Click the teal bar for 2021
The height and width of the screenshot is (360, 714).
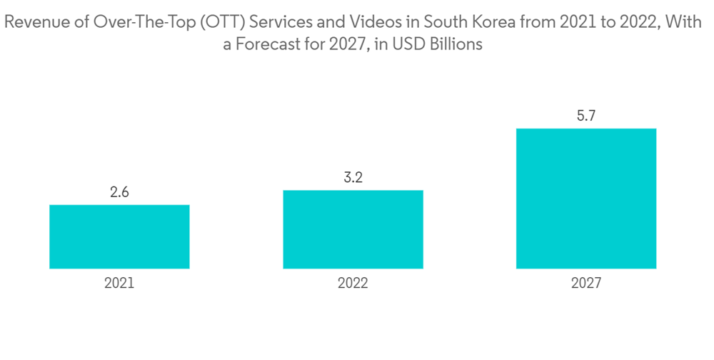coord(119,236)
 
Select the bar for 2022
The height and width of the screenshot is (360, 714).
coord(353,229)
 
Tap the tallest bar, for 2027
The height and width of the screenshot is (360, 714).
coord(586,199)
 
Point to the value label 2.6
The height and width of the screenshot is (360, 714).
coord(119,193)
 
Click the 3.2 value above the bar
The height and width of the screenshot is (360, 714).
coord(353,178)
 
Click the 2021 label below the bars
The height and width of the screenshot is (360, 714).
coord(119,284)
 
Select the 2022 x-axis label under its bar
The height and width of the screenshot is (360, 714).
coord(353,284)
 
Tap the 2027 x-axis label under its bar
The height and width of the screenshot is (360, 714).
coord(586,284)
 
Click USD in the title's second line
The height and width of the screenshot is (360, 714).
coord(405,44)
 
